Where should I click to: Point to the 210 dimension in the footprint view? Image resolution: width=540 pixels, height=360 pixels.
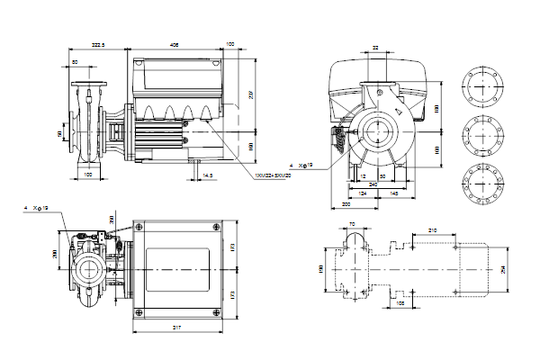tap(433, 231)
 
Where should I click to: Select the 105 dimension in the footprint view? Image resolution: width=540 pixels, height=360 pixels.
tap(400, 303)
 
